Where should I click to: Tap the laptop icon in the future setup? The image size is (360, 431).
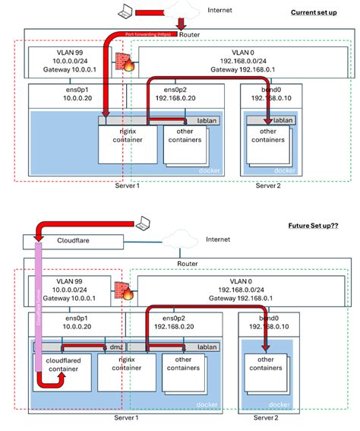coord(142,223)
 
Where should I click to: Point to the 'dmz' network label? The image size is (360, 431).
coord(116,346)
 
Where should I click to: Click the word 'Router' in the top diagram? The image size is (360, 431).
coord(194,36)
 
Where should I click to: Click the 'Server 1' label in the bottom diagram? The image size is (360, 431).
coord(125,417)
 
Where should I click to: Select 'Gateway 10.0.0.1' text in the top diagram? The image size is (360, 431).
coord(69,69)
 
